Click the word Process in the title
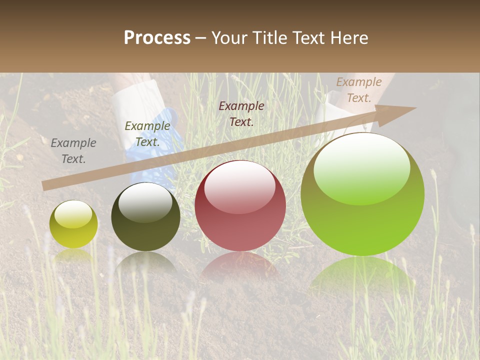(157, 38)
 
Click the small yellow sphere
(73, 224)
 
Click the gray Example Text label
(73, 151)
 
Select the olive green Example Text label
(147, 134)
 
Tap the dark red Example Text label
(241, 113)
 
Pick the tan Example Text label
(359, 90)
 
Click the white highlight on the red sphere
(240, 186)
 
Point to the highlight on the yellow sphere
(73, 214)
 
